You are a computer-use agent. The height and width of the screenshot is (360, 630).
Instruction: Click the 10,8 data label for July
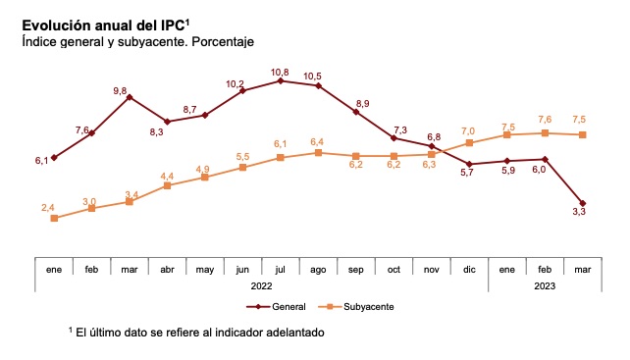coord(281,72)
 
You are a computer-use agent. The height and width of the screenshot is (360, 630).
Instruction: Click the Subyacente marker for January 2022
coord(54,218)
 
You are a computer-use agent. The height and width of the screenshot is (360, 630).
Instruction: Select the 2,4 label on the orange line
coord(48,207)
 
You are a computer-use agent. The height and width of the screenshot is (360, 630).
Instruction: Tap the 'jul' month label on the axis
coord(281,269)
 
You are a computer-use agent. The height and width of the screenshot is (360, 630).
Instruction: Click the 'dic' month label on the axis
coord(469,269)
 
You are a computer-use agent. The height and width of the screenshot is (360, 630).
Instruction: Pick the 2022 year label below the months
coord(262,285)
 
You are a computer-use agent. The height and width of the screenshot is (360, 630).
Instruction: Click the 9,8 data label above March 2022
coord(121,90)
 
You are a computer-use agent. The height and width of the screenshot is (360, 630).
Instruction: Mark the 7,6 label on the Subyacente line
coord(544,120)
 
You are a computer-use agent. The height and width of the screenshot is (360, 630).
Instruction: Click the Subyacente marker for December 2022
coord(470,143)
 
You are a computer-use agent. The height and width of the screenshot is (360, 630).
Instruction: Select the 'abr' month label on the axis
coord(167,269)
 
